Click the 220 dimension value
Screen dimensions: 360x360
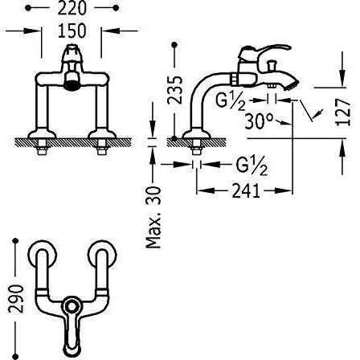point(72,8)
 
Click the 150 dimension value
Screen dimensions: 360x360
point(72,31)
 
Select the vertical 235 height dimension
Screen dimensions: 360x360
point(174,90)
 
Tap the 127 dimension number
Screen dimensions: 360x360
point(343,112)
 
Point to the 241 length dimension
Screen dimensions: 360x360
point(246,190)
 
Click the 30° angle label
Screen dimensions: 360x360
point(259,121)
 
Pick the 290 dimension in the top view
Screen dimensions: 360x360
point(16,299)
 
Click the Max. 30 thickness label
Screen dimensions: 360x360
point(153,218)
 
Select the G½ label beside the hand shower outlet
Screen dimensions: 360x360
point(231,102)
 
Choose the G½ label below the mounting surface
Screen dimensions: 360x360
point(252,166)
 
